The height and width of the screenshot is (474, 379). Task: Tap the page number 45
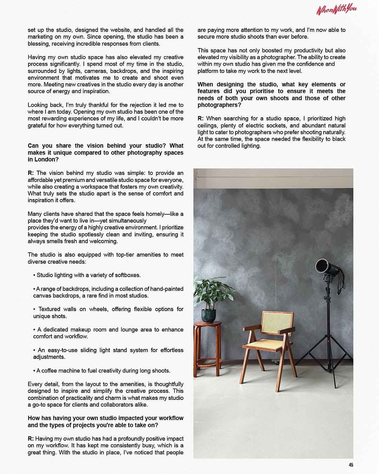[x=351, y=465]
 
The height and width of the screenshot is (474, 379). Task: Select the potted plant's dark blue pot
[x=209, y=315]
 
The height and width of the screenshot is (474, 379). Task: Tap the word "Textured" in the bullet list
[x=49, y=309]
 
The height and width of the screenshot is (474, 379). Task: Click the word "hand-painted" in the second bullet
[x=167, y=289]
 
